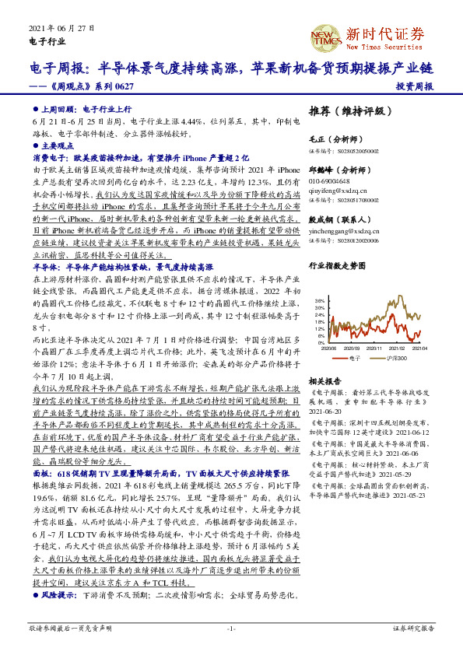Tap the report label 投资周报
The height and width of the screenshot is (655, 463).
pyautogui.click(x=414, y=87)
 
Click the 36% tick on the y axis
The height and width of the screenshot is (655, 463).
pyautogui.click(x=320, y=300)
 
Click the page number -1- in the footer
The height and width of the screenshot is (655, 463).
pyautogui.click(x=230, y=627)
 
